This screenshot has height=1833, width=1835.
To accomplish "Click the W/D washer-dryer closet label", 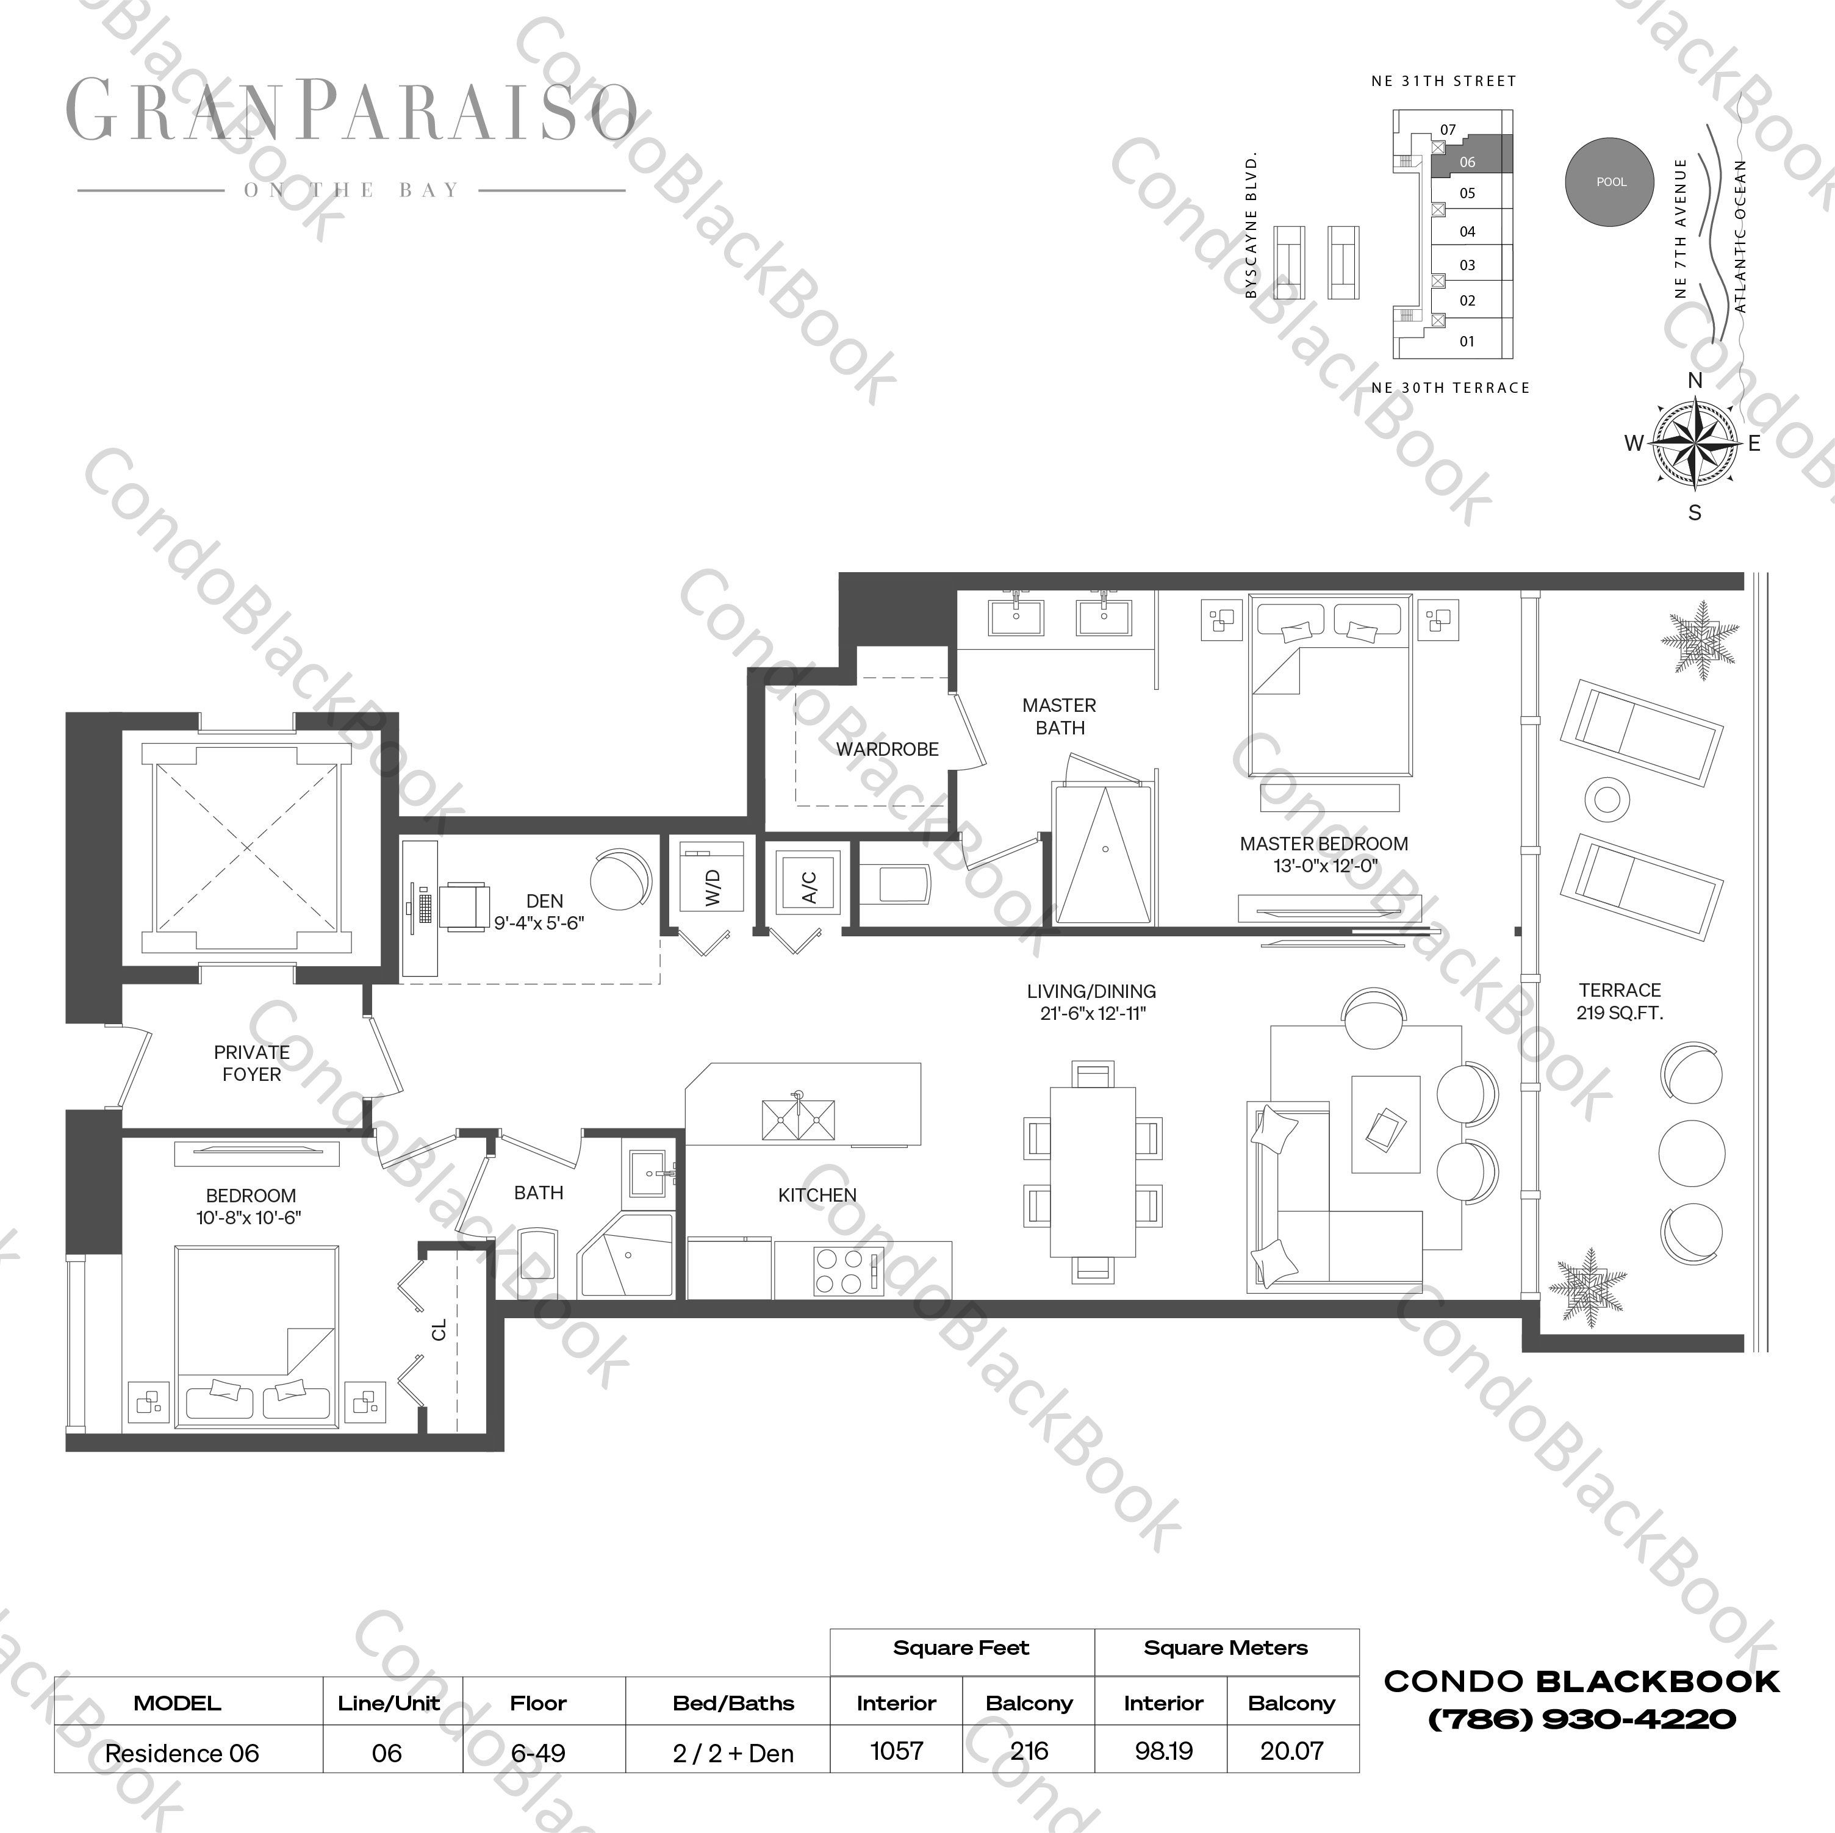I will point(713,886).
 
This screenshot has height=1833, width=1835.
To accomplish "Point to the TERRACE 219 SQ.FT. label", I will point(1620,1001).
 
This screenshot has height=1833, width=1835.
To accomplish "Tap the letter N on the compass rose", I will point(1695,381).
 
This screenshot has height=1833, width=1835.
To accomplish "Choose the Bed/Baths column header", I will point(733,1703).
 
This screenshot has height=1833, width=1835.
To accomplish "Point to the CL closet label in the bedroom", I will point(439,1330).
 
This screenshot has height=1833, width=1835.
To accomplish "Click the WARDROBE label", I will point(887,749).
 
